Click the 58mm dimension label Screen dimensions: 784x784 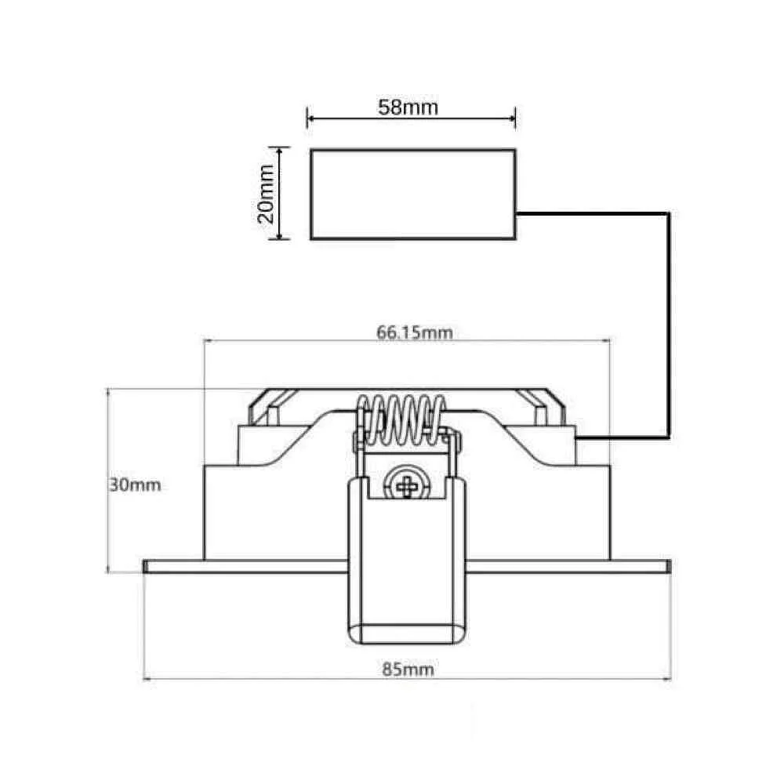tap(408, 107)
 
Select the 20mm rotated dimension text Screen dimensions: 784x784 tap(266, 194)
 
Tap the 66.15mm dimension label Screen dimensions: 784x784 tap(415, 332)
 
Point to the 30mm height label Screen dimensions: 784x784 tap(135, 485)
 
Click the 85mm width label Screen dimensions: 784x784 tap(408, 669)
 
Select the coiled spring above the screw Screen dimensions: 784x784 tap(402, 420)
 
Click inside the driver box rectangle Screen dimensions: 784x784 tap(413, 194)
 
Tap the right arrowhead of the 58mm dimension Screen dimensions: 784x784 tap(511, 118)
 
